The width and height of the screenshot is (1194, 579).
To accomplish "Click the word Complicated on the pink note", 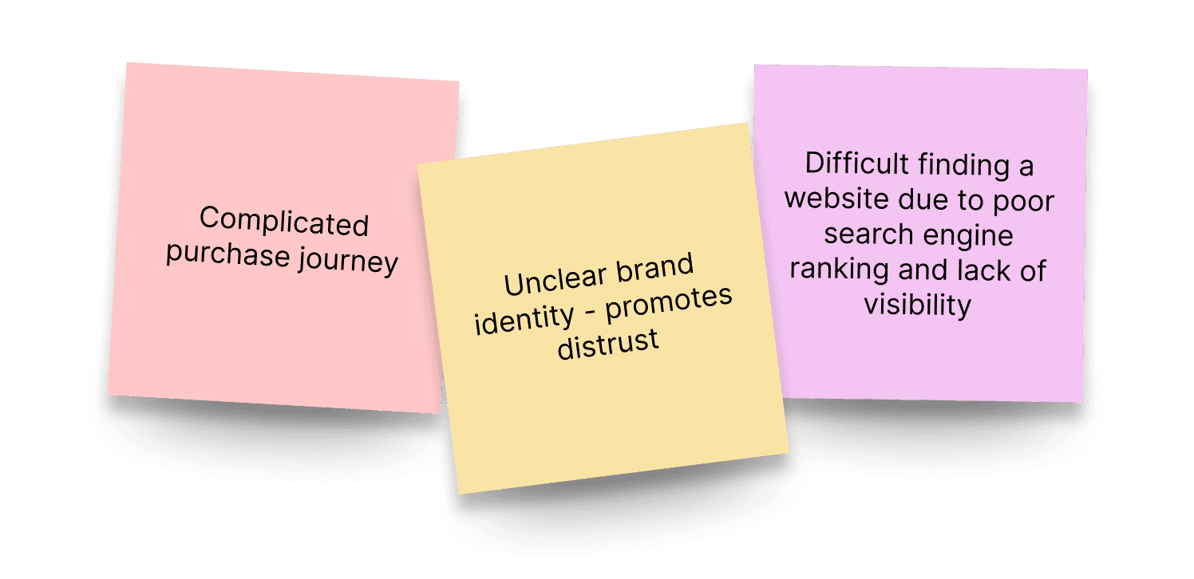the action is coord(283,222).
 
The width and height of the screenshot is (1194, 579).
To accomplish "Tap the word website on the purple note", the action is coord(837,199).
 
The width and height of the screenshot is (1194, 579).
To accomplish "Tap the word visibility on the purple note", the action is coord(918,305).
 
